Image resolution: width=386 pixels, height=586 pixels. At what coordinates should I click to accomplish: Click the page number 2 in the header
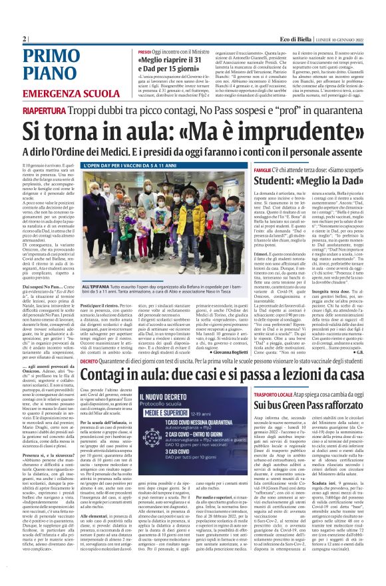[x=25, y=39]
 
